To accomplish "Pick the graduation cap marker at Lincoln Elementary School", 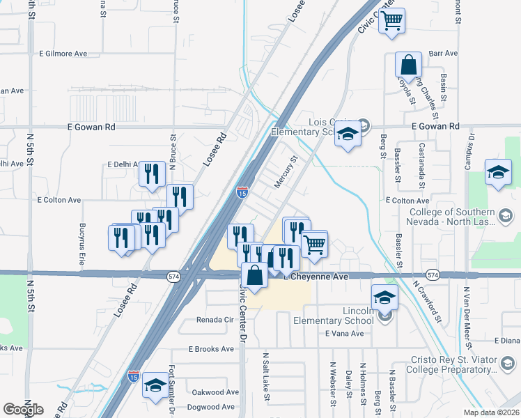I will pos(384,297).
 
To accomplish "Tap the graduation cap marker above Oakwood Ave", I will pos(154,385).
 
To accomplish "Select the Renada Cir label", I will pos(215,320).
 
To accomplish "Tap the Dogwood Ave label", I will pos(213,407).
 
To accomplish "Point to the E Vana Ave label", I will pos(344,334).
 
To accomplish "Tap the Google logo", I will pos(23,410).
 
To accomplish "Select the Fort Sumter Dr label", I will pos(172,387).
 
